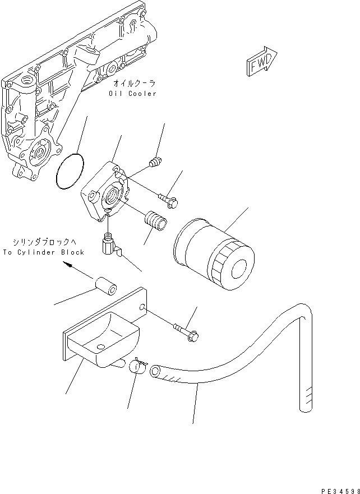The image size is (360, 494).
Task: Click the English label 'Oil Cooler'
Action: (133, 94)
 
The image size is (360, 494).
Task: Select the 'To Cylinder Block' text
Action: (43, 252)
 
